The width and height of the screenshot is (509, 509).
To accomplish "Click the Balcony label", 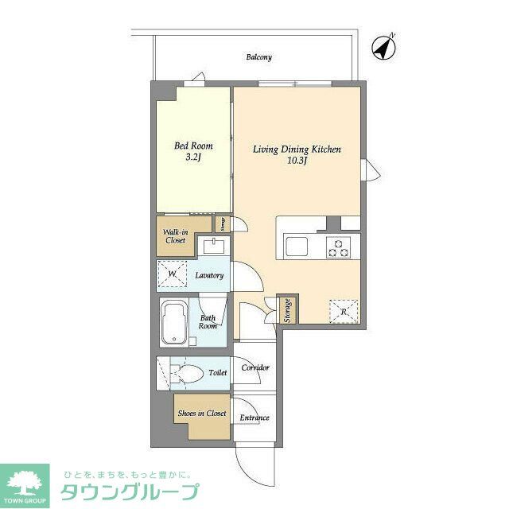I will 258,57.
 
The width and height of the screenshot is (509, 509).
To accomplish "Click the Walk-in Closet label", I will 175,236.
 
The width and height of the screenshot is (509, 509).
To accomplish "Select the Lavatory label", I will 210,276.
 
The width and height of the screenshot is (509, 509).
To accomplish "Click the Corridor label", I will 255,367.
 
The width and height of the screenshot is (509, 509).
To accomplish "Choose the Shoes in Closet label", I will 202,414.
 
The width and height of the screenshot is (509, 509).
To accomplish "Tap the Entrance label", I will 254,418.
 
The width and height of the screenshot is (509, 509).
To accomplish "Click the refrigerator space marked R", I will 343,311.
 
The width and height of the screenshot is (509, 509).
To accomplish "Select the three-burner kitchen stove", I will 338,247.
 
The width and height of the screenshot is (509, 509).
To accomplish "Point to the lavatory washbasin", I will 213,246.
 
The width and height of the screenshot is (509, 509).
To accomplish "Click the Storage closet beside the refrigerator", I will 287,310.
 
